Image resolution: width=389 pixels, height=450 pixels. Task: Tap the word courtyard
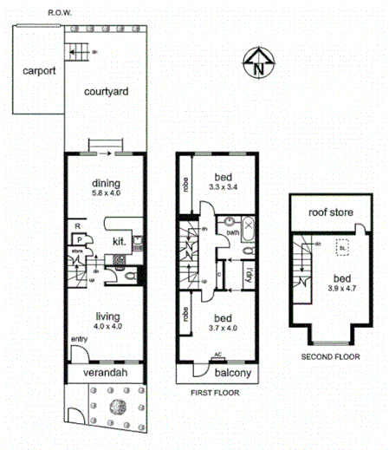pyautogui.click(x=106, y=91)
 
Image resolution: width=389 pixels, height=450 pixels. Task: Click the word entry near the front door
pyautogui.click(x=79, y=339)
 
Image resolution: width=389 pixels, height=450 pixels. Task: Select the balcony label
pyautogui.click(x=232, y=374)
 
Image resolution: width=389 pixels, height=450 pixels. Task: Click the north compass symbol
pyautogui.click(x=258, y=63)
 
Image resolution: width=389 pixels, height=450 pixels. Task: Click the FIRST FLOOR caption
pyautogui.click(x=213, y=393)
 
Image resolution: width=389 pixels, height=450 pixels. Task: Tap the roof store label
pyautogui.click(x=328, y=212)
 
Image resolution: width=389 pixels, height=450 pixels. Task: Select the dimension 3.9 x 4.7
pyautogui.click(x=337, y=290)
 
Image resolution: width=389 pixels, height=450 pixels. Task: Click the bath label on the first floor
pyautogui.click(x=233, y=233)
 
